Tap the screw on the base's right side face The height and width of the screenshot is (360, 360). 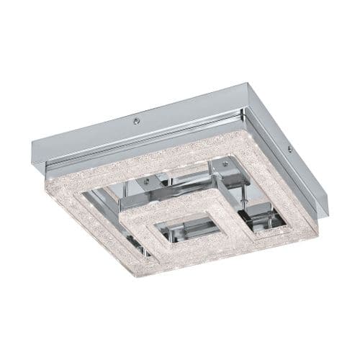[289, 149]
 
